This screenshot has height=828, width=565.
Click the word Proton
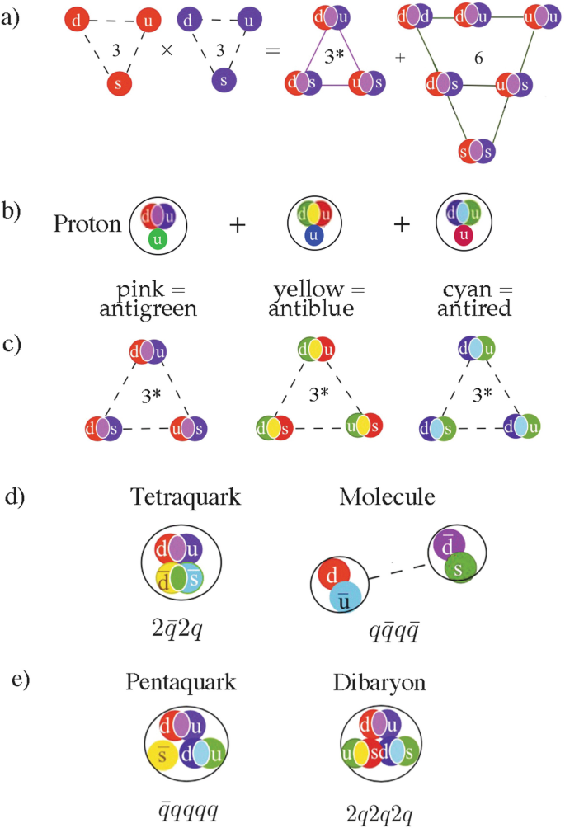[87, 224]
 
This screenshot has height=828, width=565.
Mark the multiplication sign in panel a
[167, 50]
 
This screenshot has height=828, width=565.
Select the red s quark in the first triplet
[120, 84]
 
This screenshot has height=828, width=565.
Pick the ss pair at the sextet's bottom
[478, 150]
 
